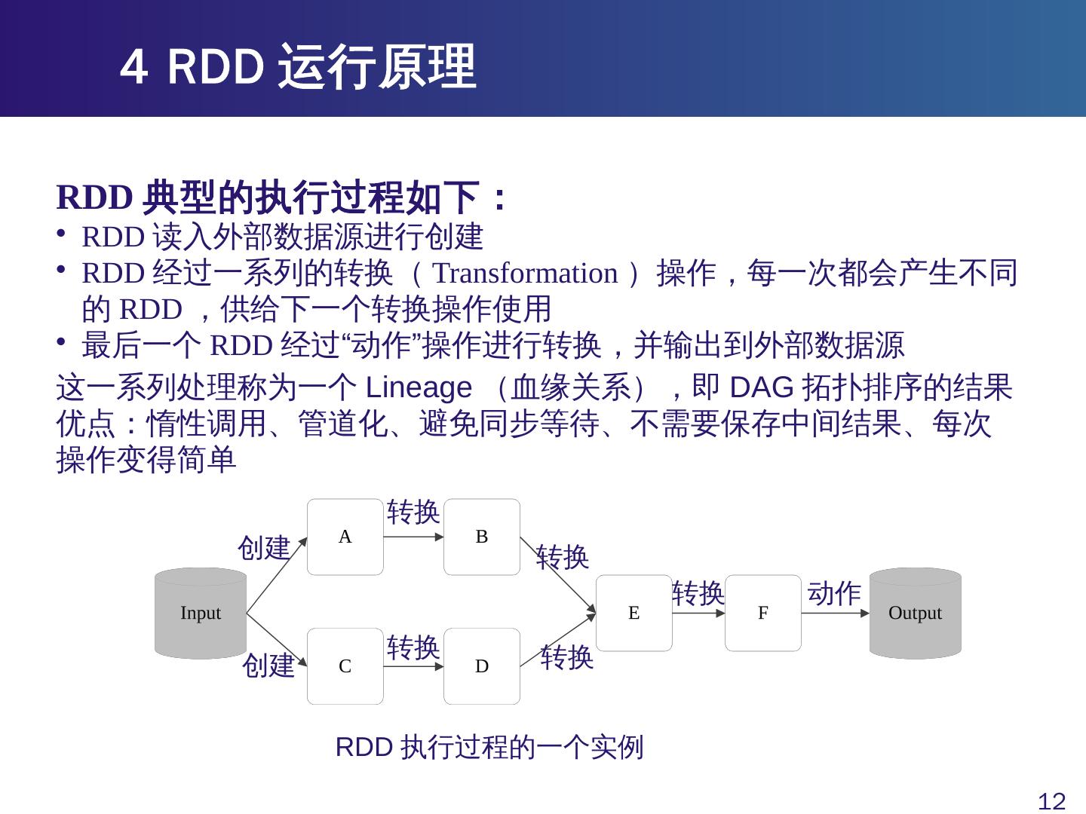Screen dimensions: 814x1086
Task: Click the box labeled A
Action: (x=345, y=537)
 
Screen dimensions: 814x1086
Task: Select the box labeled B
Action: (x=482, y=537)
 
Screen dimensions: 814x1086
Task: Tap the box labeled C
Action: (x=345, y=666)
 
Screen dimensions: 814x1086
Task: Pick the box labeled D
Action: (x=482, y=666)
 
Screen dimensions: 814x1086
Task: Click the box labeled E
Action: (x=633, y=613)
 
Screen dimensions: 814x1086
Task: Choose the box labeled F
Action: (x=763, y=613)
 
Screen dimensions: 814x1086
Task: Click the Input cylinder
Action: (x=201, y=613)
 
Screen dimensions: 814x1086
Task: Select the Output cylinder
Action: (x=915, y=613)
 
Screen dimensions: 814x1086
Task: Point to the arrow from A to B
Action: (x=413, y=537)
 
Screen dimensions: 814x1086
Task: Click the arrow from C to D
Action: (x=413, y=666)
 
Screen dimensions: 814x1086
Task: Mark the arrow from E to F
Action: (x=698, y=613)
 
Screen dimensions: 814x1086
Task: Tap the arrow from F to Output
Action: (x=835, y=613)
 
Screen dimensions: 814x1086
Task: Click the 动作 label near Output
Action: (x=834, y=593)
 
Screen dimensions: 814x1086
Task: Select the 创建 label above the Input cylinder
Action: (x=264, y=547)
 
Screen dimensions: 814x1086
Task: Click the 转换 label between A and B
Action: (x=413, y=512)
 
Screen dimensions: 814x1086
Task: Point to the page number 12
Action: (x=1052, y=801)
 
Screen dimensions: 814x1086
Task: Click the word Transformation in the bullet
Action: (x=525, y=273)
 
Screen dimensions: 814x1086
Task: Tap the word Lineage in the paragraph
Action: (x=418, y=388)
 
